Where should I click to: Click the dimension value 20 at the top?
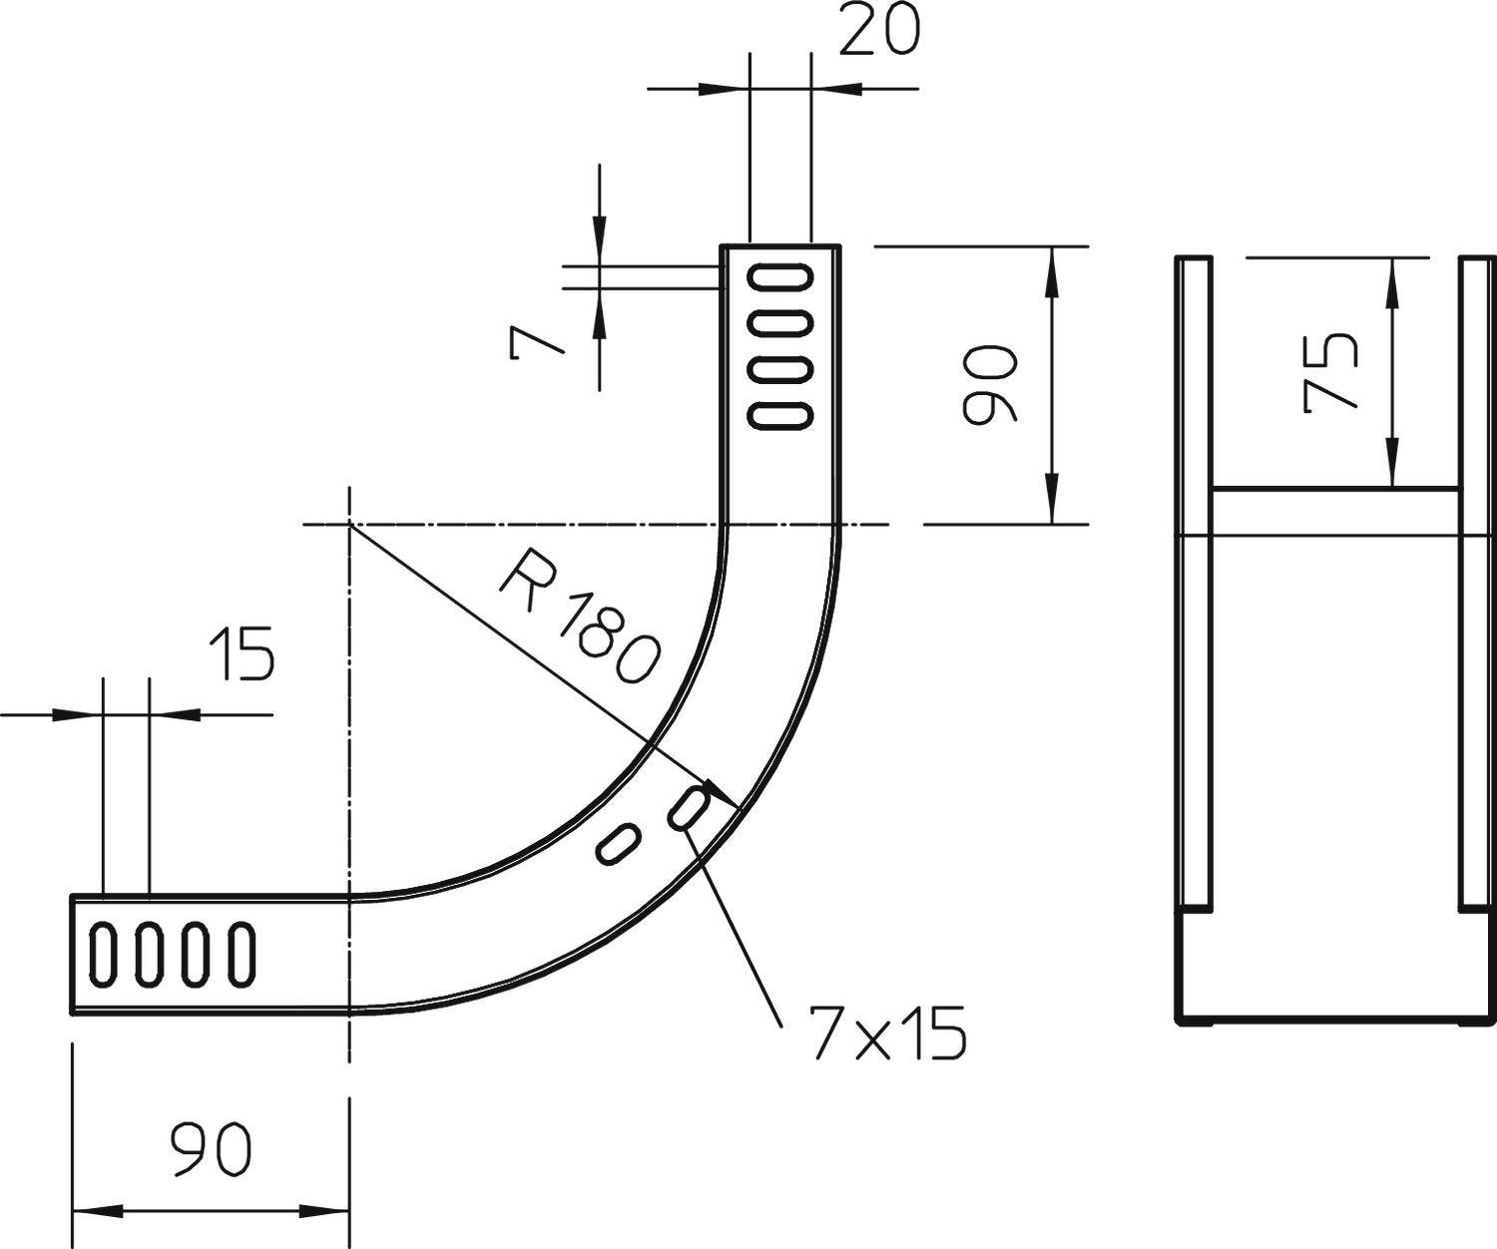878,33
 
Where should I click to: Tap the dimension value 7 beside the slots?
536,343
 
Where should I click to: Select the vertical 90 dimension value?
989,384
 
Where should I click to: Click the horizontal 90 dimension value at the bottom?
211,1149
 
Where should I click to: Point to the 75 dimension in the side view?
1331,372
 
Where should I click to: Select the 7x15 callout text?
887,1034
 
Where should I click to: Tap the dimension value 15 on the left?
241,654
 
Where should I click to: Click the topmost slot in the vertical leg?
780,277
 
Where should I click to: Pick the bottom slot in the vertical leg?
780,415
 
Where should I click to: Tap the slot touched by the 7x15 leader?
689,805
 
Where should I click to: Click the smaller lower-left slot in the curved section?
618,844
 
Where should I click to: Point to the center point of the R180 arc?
348,524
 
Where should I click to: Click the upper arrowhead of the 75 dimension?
1393,274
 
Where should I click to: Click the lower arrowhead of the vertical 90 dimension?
1051,504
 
